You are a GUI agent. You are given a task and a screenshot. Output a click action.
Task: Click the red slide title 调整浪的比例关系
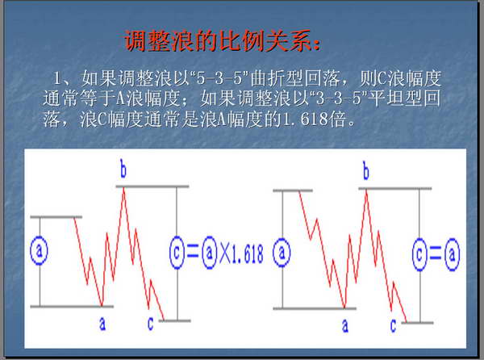click(x=223, y=40)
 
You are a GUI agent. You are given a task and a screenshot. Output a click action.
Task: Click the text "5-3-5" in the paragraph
click(x=220, y=77)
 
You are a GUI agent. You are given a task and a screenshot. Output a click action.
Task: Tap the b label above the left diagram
click(x=123, y=170)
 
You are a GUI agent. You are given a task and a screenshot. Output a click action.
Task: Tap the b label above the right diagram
click(x=366, y=171)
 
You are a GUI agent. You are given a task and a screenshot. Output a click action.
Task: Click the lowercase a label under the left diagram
click(x=102, y=324)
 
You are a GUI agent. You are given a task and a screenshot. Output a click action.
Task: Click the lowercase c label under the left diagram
click(x=150, y=324)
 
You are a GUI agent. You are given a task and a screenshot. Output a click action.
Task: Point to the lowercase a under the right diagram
click(x=345, y=326)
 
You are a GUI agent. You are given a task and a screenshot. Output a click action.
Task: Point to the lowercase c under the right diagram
click(x=393, y=326)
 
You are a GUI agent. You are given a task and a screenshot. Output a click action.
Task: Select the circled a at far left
click(x=40, y=250)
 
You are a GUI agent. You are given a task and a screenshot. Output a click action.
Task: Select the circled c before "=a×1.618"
click(x=177, y=253)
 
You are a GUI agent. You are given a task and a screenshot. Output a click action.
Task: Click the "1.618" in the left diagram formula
click(x=248, y=254)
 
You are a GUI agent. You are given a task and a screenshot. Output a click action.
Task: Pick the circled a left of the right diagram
click(x=282, y=253)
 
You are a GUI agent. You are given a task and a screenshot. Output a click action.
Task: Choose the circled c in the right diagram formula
click(x=419, y=254)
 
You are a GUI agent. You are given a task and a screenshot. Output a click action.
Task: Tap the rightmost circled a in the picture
click(x=453, y=254)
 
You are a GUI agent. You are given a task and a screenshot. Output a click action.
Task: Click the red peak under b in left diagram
click(x=123, y=188)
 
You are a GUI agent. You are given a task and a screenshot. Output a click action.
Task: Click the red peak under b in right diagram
click(x=366, y=190)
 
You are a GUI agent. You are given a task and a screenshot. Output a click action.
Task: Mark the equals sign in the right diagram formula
click(x=436, y=254)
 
